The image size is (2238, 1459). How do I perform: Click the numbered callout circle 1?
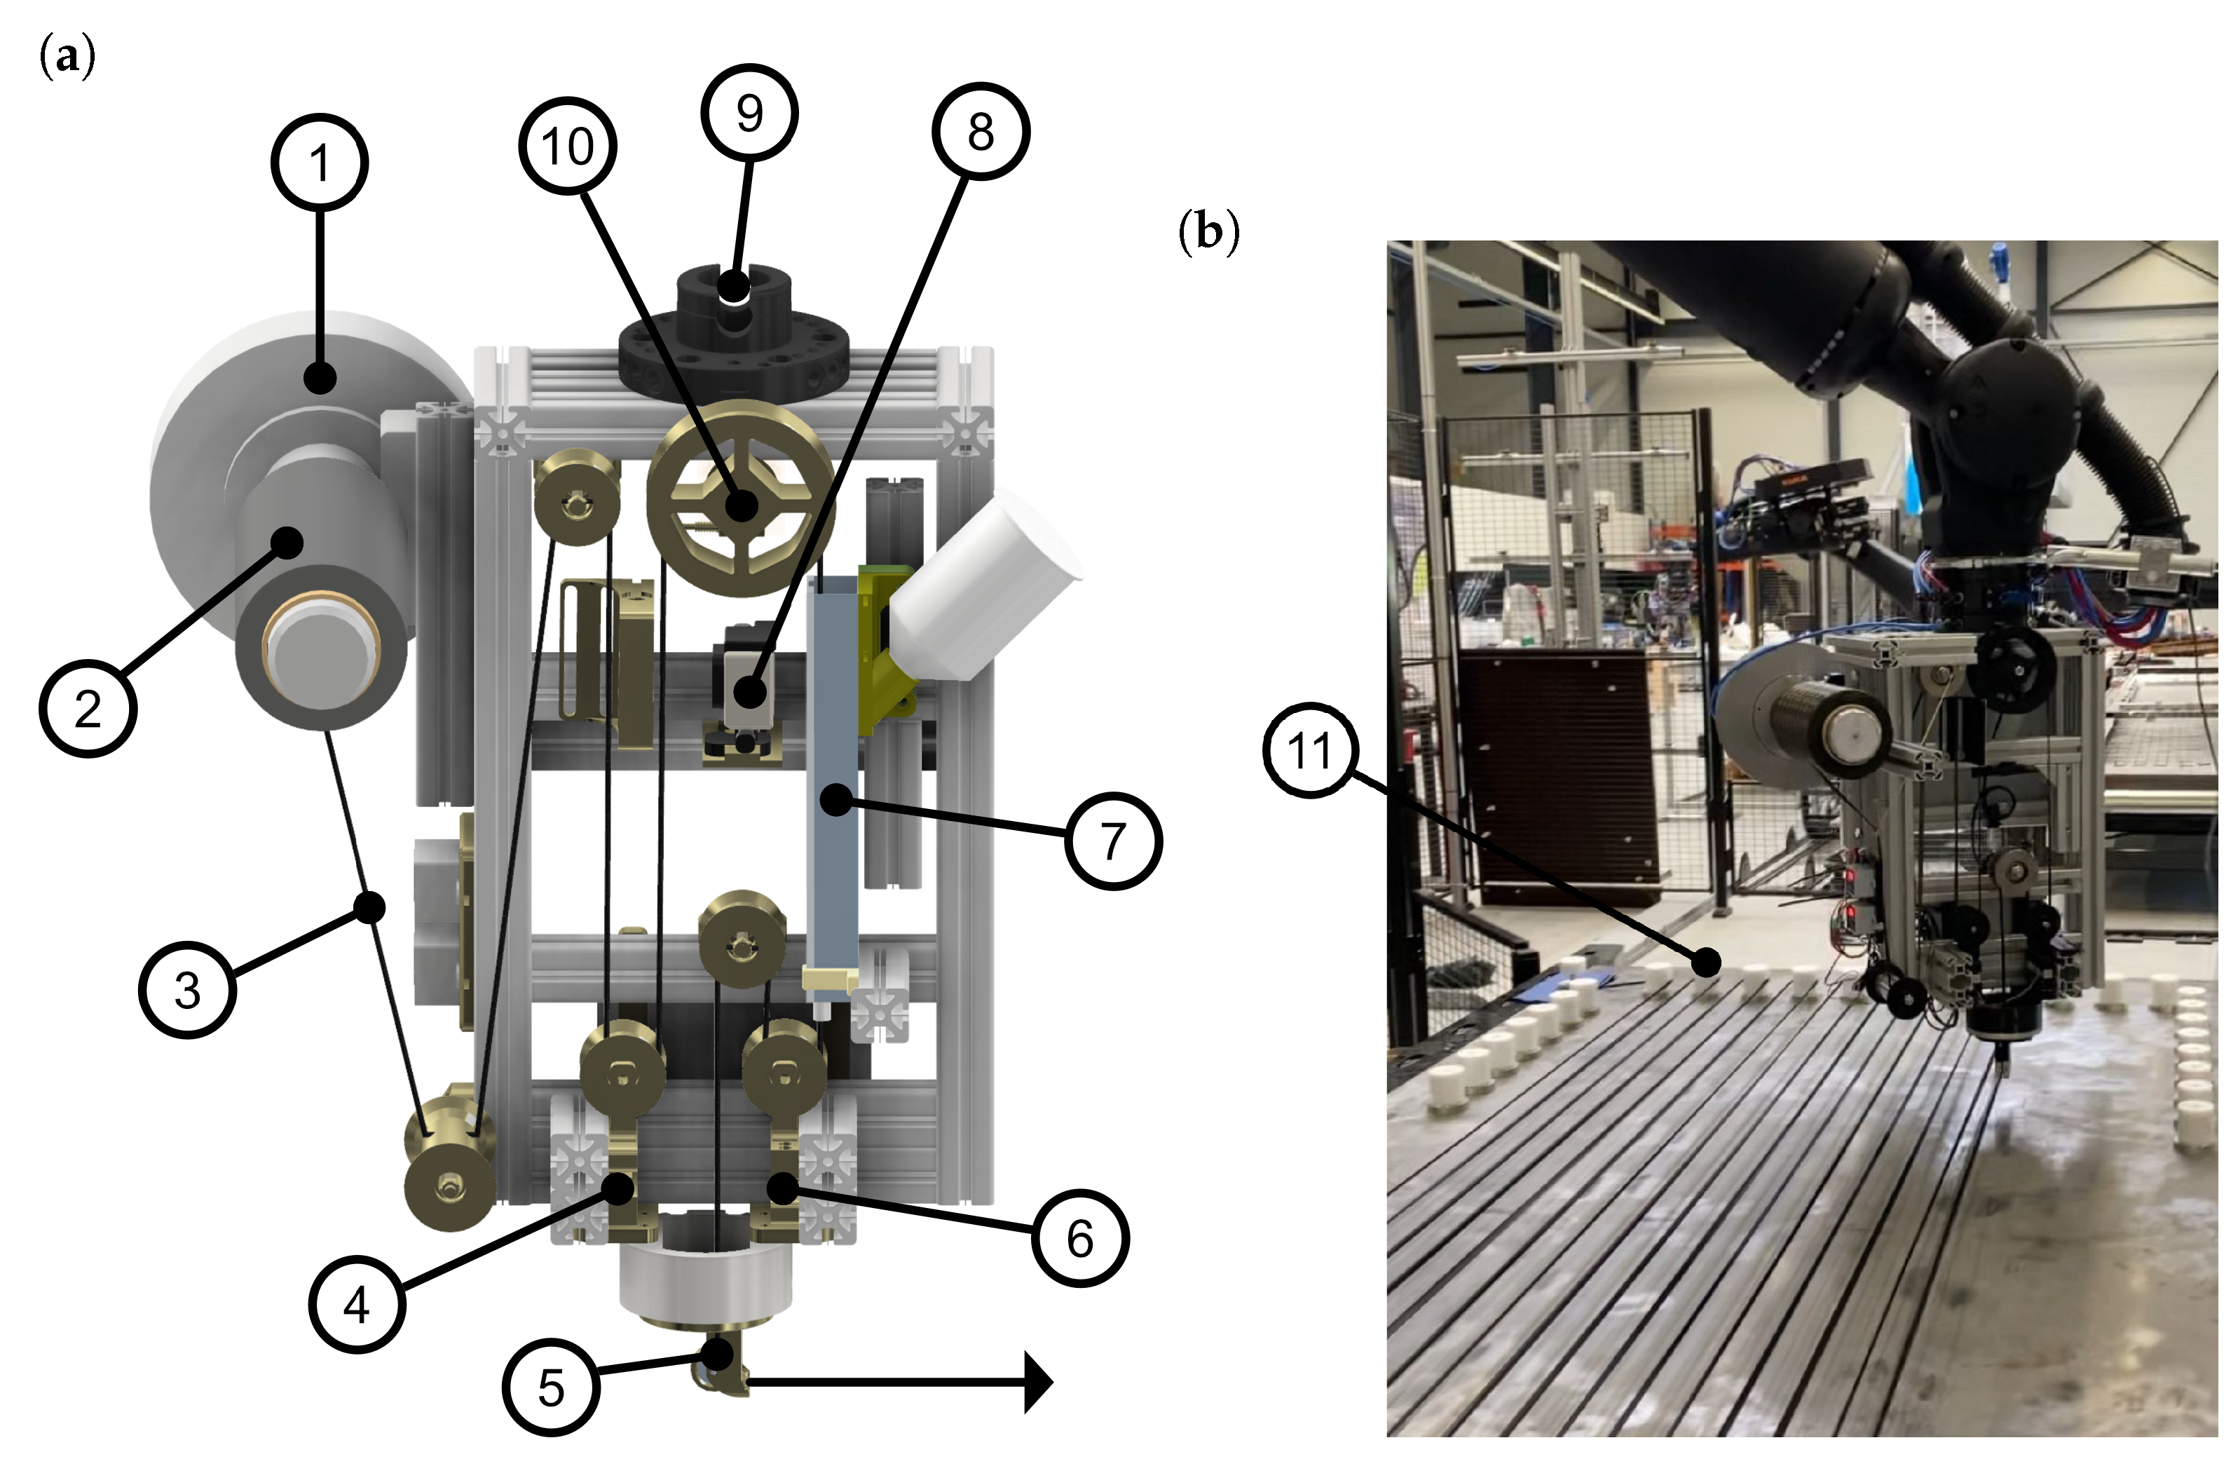(x=320, y=163)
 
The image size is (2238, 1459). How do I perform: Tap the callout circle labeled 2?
(x=88, y=708)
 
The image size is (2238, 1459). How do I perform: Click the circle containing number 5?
(x=551, y=1387)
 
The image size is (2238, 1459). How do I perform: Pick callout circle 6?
(x=1080, y=1238)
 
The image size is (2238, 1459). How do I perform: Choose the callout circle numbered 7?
(x=1113, y=841)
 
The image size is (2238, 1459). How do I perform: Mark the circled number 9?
(x=749, y=113)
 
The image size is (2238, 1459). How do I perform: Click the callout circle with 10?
(x=568, y=146)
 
